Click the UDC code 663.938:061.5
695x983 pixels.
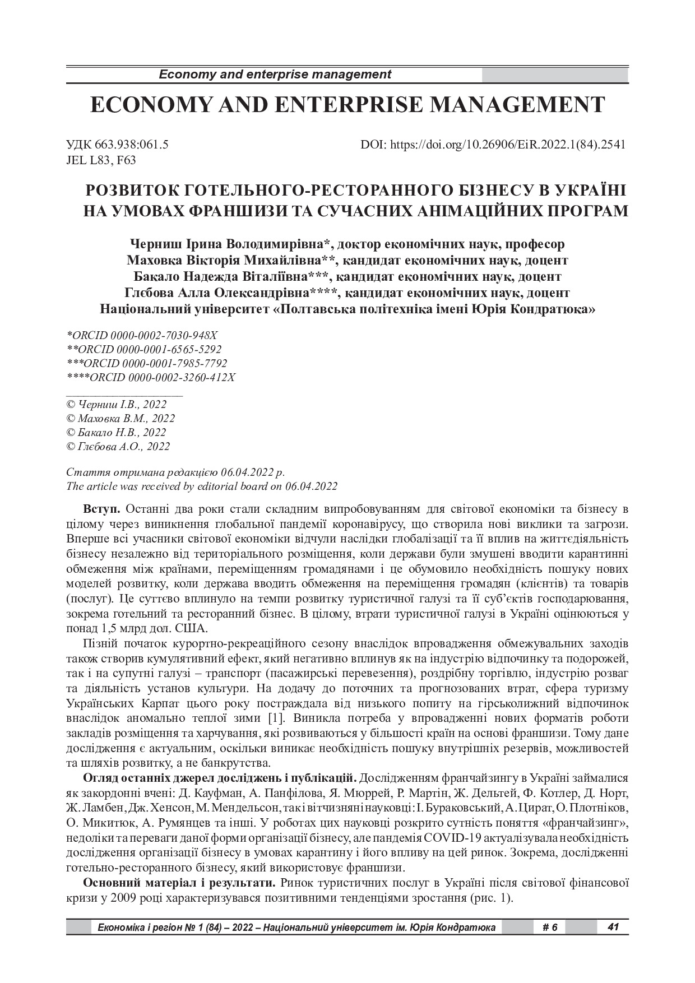pos(118,145)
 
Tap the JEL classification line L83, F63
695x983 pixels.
pos(101,160)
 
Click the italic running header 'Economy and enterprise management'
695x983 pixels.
pos(275,75)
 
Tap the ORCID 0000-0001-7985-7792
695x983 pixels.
pos(146,363)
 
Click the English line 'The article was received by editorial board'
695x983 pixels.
pos(202,486)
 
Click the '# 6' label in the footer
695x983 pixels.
pos(550,928)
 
